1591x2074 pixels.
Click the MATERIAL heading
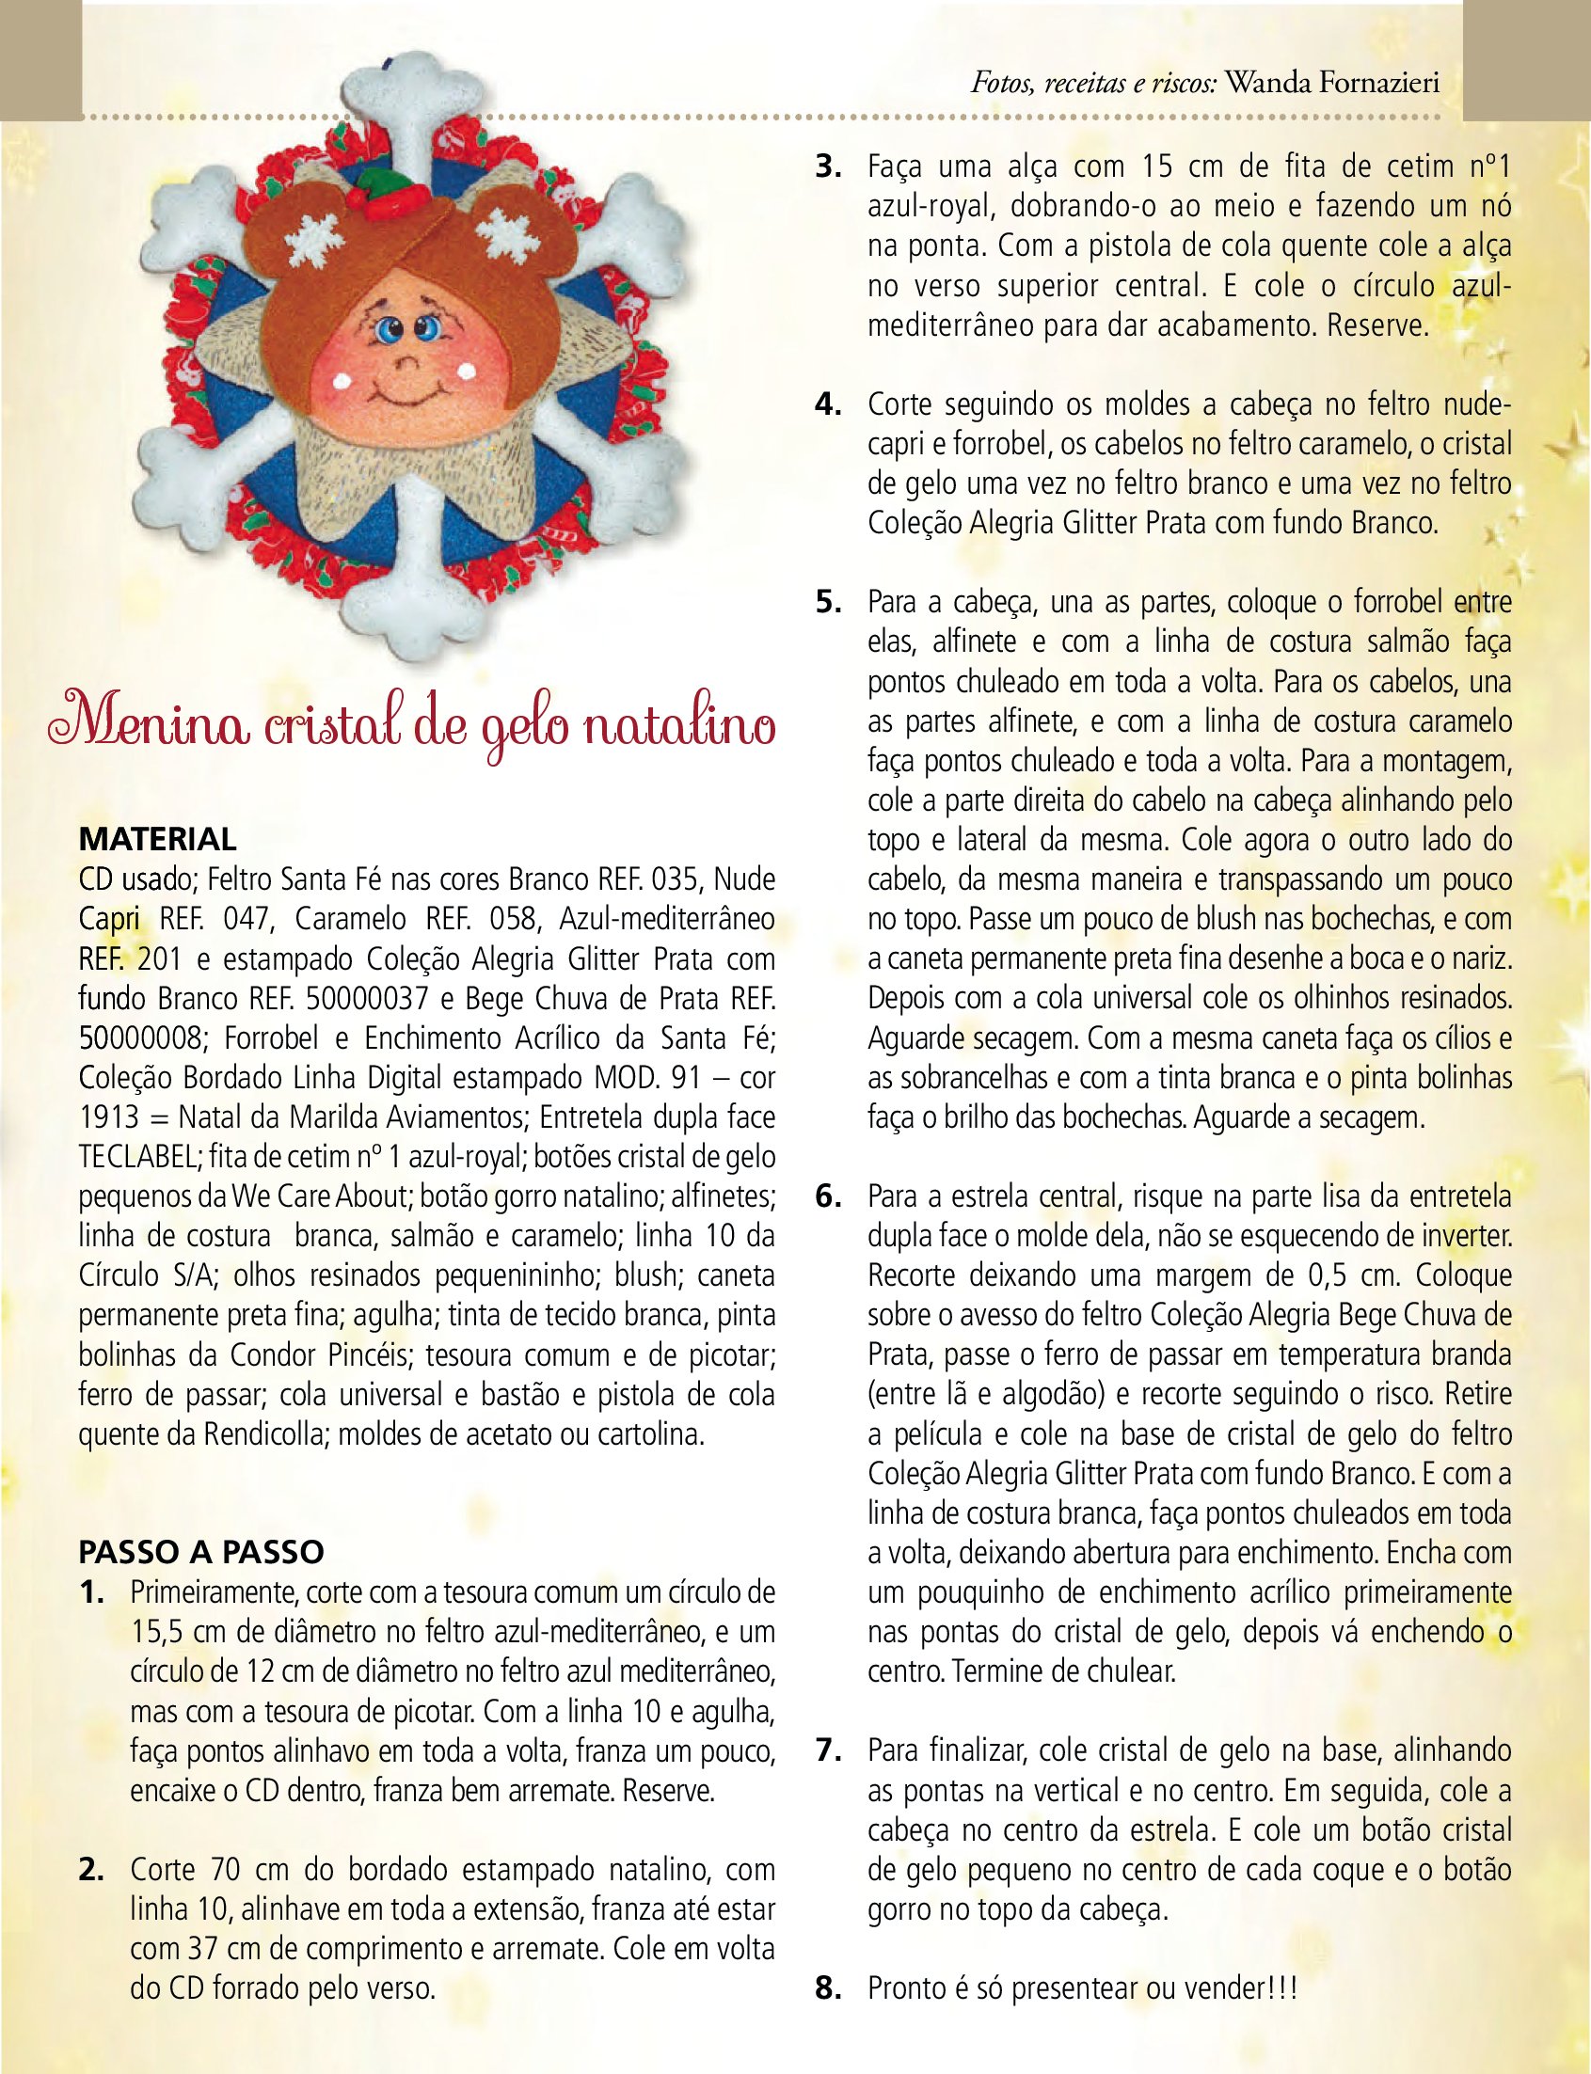(157, 839)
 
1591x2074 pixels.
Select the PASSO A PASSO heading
(200, 1551)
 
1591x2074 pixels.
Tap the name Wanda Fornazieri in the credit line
(1332, 84)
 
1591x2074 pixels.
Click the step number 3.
(829, 166)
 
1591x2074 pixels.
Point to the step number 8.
(829, 1987)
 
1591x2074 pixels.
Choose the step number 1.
(92, 1592)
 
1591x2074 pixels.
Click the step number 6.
(829, 1196)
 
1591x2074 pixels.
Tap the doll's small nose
(405, 360)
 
